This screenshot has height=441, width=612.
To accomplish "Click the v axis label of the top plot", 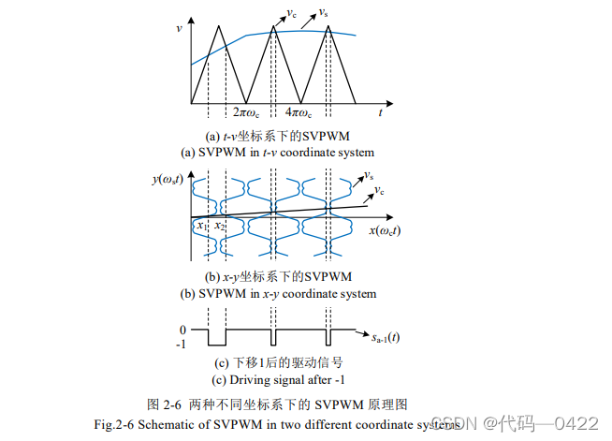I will coord(180,28).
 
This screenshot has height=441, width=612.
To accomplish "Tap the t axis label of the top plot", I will coord(381,112).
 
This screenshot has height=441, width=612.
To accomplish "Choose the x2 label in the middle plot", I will coord(218,226).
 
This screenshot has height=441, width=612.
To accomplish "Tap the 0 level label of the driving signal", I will coord(184,330).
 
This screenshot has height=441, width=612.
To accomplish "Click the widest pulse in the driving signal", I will coord(218,338).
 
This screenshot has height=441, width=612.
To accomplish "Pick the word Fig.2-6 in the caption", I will coord(116,424).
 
